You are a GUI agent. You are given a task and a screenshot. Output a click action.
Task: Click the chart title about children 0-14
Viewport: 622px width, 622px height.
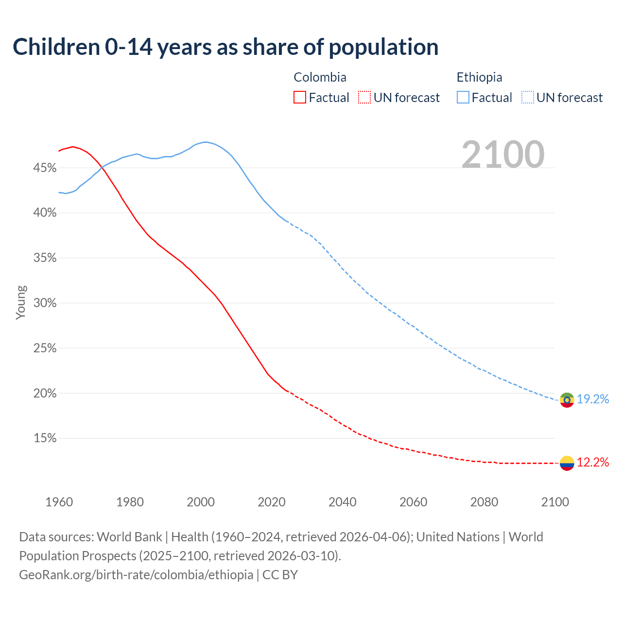pyautogui.click(x=225, y=47)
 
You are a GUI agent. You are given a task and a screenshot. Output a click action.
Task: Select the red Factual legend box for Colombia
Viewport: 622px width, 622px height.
pyautogui.click(x=300, y=97)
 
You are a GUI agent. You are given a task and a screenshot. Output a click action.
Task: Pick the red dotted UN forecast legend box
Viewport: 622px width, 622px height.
pyautogui.click(x=364, y=97)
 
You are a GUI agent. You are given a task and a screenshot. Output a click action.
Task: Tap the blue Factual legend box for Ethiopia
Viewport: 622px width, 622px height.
pyautogui.click(x=463, y=97)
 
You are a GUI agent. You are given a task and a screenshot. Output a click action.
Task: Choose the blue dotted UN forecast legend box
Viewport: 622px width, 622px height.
pyautogui.click(x=528, y=97)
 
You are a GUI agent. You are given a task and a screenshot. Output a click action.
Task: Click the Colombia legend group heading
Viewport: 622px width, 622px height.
pyautogui.click(x=320, y=77)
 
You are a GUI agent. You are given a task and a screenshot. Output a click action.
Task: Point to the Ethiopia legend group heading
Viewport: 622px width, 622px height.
pyautogui.click(x=479, y=77)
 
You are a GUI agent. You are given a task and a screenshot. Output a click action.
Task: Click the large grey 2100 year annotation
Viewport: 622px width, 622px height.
pyautogui.click(x=502, y=155)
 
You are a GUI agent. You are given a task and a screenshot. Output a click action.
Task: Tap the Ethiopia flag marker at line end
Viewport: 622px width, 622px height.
pyautogui.click(x=567, y=400)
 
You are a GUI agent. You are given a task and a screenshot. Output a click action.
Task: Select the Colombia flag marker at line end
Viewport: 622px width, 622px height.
pyautogui.click(x=567, y=463)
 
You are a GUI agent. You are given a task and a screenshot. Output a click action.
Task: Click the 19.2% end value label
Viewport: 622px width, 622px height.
pyautogui.click(x=593, y=399)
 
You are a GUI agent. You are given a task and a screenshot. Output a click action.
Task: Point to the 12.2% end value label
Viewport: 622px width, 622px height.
pyautogui.click(x=593, y=462)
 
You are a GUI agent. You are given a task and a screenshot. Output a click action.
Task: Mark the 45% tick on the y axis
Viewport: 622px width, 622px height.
pyautogui.click(x=45, y=168)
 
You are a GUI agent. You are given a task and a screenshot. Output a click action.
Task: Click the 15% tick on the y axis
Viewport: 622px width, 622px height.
pyautogui.click(x=45, y=438)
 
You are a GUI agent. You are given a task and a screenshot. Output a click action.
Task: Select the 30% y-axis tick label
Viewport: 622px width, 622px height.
pyautogui.click(x=45, y=303)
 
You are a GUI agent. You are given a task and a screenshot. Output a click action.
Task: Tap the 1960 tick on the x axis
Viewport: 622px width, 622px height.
pyautogui.click(x=59, y=502)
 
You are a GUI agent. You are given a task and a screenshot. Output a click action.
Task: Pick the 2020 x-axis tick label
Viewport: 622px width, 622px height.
pyautogui.click(x=272, y=502)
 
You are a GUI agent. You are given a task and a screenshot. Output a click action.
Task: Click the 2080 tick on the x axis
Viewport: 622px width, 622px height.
pyautogui.click(x=484, y=502)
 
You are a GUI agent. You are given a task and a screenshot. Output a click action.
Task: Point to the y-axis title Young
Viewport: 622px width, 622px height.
pyautogui.click(x=21, y=302)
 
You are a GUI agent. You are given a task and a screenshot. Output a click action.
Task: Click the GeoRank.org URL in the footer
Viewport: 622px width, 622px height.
pyautogui.click(x=136, y=575)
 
